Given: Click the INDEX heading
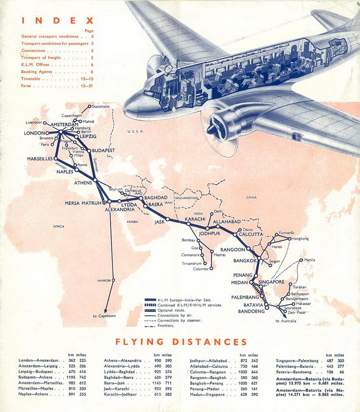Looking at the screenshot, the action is pos(58,21).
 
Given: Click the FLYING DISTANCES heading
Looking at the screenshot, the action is pos(181,342).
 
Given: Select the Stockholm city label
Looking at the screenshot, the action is pos(101,107).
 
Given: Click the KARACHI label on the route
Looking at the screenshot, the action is pos(195,219).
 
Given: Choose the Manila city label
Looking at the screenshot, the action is pos(309,260).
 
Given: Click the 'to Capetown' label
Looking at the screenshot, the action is pos(104,316).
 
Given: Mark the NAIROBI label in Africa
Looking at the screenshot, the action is pos(104,280).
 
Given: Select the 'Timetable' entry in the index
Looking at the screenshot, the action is pos(33,79).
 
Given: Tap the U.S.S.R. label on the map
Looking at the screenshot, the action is pos(136,131).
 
